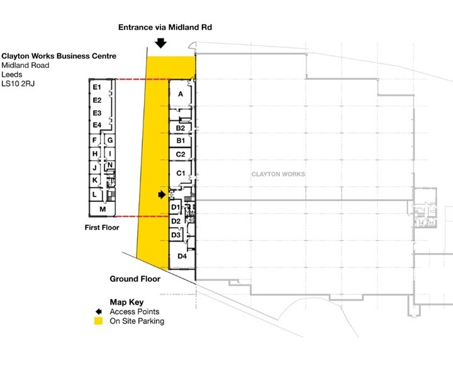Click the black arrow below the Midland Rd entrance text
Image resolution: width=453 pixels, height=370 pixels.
[x=160, y=43]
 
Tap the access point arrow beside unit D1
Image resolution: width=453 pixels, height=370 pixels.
[x=162, y=195]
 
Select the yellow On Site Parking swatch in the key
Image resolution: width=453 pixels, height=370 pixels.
[x=99, y=321]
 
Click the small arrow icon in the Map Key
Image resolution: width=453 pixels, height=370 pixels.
[x=99, y=311]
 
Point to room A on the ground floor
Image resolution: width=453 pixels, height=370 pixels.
[x=181, y=94]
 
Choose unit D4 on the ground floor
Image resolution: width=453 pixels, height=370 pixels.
[x=182, y=256]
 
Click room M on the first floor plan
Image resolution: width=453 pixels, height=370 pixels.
[x=103, y=209]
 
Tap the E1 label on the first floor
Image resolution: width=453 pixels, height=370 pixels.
[x=97, y=87]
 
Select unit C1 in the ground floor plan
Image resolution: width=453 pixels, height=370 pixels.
[x=181, y=173]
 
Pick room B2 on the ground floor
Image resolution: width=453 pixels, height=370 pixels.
[x=181, y=128]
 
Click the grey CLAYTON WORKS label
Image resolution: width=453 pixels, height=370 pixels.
[x=278, y=174]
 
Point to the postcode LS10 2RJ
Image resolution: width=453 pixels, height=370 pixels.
[x=18, y=84]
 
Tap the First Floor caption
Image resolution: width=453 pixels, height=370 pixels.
[x=102, y=228]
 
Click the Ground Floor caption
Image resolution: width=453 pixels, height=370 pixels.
[x=135, y=279]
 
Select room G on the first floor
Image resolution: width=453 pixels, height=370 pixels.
[x=109, y=140]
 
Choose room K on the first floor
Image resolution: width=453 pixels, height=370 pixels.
[x=95, y=180]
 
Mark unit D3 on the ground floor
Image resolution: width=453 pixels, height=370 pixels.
[x=176, y=235]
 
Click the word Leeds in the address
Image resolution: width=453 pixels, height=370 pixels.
[x=12, y=74]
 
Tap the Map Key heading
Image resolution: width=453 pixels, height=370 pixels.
[x=126, y=303]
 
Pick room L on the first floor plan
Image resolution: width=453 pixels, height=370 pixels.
[x=95, y=194]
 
